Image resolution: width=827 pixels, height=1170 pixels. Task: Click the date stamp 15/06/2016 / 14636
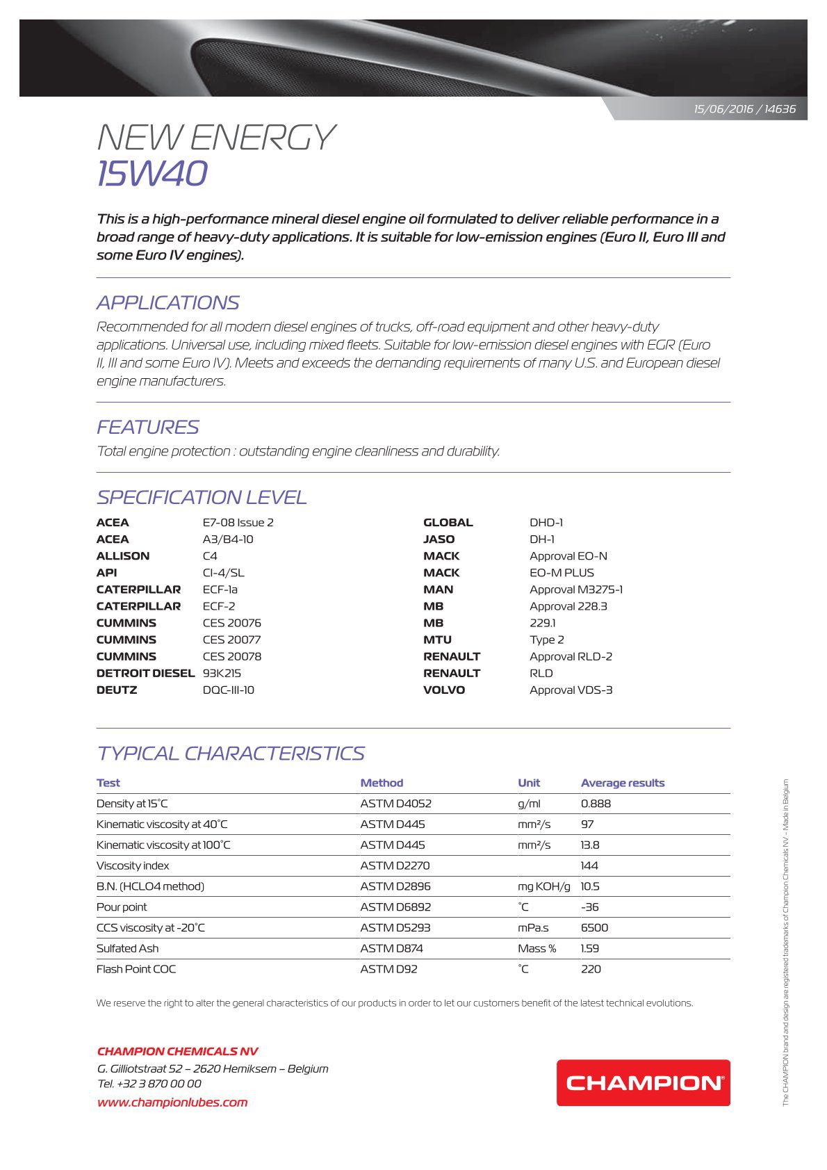744,109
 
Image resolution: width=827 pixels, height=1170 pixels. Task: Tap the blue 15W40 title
152,173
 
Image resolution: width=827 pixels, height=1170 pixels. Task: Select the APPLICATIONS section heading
167,302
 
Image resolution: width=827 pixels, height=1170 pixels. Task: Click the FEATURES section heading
147,427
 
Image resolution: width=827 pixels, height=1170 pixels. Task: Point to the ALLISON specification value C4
210,556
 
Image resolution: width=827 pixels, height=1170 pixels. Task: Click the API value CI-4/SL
223,573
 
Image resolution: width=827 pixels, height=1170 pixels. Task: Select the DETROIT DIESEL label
145,673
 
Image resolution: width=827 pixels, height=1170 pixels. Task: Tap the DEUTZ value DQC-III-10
228,690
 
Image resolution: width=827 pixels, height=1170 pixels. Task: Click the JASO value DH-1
542,539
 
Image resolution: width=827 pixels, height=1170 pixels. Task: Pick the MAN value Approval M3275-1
575,590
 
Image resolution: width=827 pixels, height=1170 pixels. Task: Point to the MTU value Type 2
546,640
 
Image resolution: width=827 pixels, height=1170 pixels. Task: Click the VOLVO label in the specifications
444,690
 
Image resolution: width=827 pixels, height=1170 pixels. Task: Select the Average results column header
623,783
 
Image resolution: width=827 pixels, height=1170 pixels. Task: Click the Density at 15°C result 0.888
596,804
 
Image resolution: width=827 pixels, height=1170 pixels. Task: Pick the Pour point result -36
589,907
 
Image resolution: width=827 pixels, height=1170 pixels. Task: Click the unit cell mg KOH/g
543,886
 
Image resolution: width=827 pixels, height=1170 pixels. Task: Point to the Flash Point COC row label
136,969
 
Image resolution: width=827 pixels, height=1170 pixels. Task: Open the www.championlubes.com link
172,1102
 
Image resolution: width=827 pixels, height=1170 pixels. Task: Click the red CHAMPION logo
643,1082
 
